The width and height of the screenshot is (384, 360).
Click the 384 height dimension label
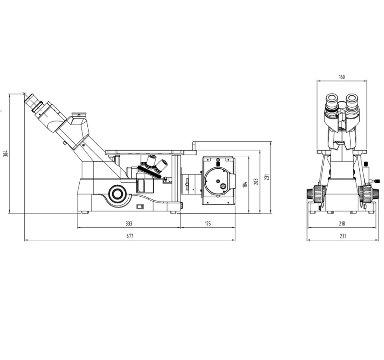5,153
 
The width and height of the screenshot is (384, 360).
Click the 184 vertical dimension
245,184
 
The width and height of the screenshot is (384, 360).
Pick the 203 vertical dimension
256,181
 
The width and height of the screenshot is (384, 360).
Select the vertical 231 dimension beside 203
267,177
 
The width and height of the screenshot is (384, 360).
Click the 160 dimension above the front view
341,77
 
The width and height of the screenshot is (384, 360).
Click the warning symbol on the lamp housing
221,184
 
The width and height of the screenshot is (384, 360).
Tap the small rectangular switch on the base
140,207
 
